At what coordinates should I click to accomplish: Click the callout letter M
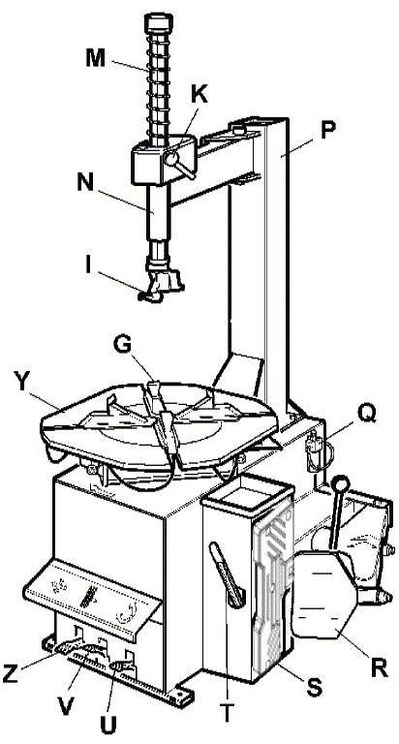(x=97, y=58)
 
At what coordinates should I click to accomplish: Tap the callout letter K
(x=199, y=95)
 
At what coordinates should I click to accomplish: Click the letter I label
(x=88, y=266)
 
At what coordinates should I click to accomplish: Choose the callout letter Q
(x=366, y=416)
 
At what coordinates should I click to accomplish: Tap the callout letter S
(x=314, y=687)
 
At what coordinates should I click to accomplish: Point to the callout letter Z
(x=11, y=674)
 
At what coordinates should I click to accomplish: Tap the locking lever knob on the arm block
(x=172, y=156)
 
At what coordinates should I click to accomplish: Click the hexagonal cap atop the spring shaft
(x=158, y=22)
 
